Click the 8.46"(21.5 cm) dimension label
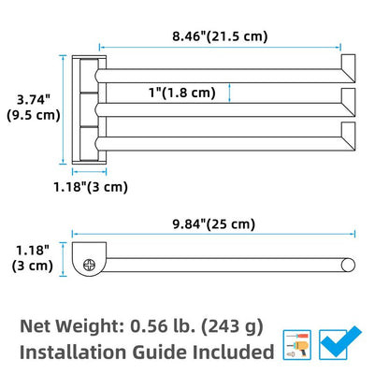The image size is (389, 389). pyautogui.click(x=220, y=36)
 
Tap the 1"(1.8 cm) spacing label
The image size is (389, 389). pyautogui.click(x=182, y=93)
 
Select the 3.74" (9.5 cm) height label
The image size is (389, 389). pyautogui.click(x=34, y=108)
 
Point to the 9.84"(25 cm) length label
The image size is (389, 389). pyautogui.click(x=214, y=224)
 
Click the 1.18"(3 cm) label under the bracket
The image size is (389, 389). pyautogui.click(x=91, y=187)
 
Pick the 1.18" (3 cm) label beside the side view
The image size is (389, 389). pyautogui.click(x=33, y=258)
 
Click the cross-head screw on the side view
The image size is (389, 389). pyautogui.click(x=90, y=265)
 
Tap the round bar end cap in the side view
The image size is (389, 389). pyautogui.click(x=348, y=265)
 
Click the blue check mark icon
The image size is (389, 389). pyautogui.click(x=339, y=343)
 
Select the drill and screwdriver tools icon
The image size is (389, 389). pyautogui.click(x=297, y=345)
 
